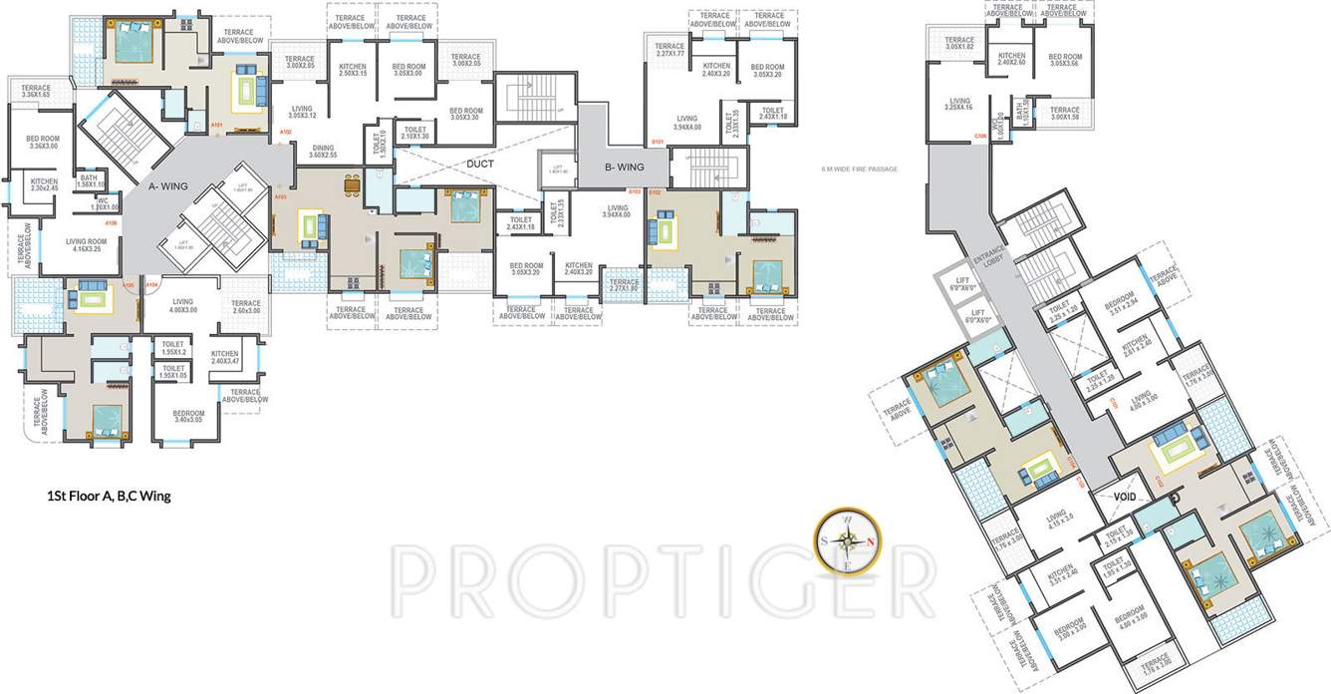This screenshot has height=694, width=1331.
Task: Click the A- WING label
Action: (x=167, y=184)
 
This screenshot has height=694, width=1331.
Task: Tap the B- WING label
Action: (x=625, y=168)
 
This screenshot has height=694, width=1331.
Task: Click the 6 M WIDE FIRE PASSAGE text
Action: (x=859, y=170)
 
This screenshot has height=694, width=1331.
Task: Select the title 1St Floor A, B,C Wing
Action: (x=110, y=496)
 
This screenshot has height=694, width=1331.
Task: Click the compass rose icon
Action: (x=847, y=542)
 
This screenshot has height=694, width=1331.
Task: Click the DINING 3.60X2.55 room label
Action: (x=322, y=152)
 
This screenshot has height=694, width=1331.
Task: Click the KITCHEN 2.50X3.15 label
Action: (x=353, y=70)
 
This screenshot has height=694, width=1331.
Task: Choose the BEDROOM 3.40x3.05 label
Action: (x=187, y=417)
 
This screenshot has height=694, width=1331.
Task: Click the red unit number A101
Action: (x=216, y=126)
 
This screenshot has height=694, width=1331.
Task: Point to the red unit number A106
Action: (x=111, y=222)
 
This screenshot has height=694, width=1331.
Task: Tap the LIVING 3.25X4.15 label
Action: (x=959, y=104)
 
